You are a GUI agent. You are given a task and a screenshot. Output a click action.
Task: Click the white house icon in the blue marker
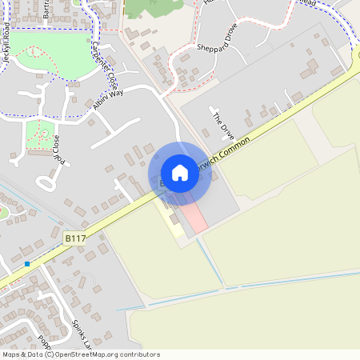point(180,173)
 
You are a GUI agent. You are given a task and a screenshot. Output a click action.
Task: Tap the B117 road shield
point(75,238)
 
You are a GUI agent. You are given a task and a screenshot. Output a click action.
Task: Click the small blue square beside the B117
point(27,263)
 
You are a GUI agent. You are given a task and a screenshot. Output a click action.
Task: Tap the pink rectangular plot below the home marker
point(194,218)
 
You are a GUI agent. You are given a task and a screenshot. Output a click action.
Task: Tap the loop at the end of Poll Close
point(45,183)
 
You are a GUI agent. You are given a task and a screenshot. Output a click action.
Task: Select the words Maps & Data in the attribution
point(22,354)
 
